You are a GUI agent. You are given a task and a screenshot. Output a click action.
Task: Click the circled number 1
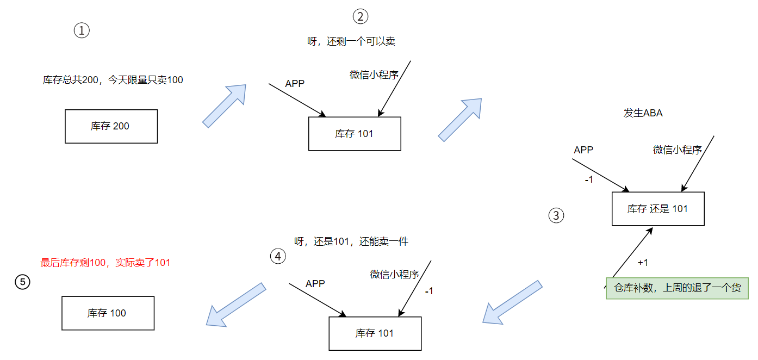(x=82, y=31)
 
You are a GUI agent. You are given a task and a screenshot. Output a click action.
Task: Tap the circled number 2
(x=361, y=17)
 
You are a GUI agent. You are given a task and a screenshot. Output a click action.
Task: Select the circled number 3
(x=556, y=216)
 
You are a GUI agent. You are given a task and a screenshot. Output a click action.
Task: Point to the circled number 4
(x=278, y=256)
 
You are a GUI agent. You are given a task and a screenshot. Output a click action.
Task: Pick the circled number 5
(x=22, y=282)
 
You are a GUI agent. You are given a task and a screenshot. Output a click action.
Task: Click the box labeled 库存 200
(x=111, y=126)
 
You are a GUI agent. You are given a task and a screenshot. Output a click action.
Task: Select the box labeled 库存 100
(x=108, y=313)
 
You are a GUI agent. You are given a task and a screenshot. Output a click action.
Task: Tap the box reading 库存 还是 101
(x=658, y=209)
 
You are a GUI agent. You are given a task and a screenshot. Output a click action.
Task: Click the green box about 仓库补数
(x=677, y=288)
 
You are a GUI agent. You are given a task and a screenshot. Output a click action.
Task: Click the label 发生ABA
(x=643, y=114)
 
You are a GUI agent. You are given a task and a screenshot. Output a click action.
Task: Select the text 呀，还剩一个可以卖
(x=351, y=42)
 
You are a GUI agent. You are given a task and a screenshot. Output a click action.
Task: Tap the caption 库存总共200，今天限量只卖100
(x=113, y=80)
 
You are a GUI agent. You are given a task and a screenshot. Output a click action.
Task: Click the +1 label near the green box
(x=643, y=263)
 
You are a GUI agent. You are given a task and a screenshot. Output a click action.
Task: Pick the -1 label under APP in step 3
(x=588, y=179)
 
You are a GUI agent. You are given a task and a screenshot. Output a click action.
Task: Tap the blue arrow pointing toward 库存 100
(x=235, y=305)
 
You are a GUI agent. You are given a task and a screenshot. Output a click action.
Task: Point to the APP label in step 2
(x=295, y=84)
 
